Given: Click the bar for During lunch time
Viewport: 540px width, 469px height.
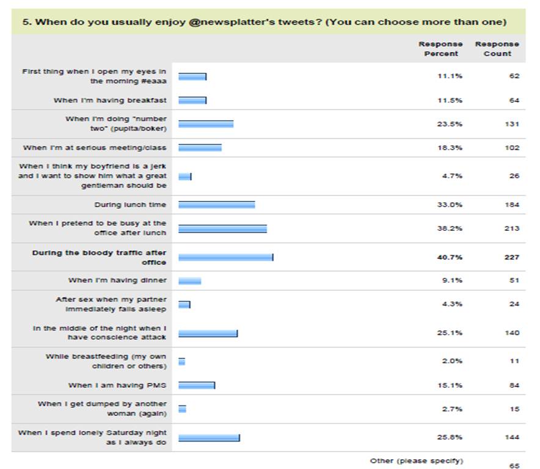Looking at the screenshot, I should pos(216,205).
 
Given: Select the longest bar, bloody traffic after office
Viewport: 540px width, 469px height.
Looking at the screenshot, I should pos(225,257).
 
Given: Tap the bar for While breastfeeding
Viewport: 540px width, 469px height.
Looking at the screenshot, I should pos(181,361).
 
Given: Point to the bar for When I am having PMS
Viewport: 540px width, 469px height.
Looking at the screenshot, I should pos(196,385).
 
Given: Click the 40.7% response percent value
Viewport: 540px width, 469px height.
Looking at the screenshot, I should pos(453,257).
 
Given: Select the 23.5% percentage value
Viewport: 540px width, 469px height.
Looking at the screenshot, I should pos(453,124).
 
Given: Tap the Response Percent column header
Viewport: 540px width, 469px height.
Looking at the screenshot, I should pos(440,49).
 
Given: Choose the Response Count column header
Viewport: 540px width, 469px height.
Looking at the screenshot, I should pos(497,49).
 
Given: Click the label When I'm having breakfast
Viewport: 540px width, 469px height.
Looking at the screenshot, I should pos(110,100).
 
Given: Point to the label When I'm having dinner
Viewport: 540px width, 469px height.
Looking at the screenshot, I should pos(117,280).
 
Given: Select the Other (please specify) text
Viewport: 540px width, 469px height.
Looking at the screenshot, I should pos(416,460).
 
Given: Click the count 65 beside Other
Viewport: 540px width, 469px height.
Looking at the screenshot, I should pos(514,465).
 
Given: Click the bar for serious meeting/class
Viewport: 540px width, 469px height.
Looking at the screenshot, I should pos(200,148).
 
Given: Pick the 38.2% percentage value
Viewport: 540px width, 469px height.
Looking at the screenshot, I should pos(453,228).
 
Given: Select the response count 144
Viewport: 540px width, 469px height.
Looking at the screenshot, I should pos(512,437).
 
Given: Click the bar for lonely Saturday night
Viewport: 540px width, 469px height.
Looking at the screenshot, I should pos(209,437).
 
